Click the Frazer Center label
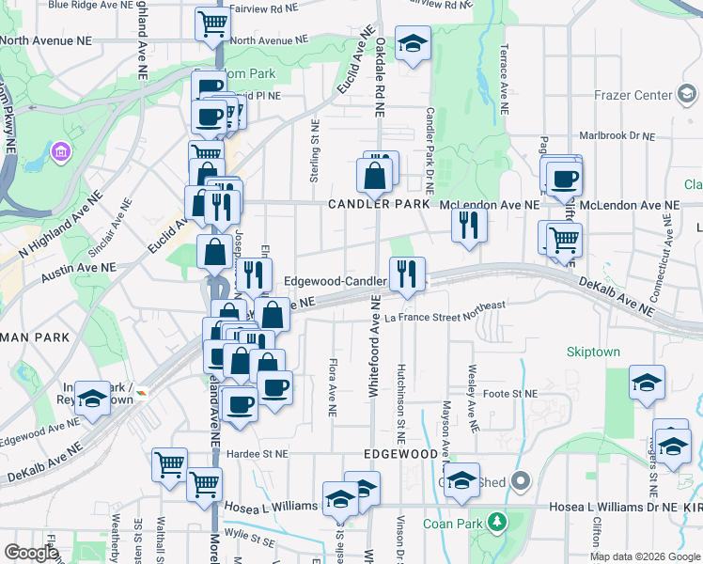(x=633, y=95)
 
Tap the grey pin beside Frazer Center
(x=687, y=94)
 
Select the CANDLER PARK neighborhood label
(x=379, y=204)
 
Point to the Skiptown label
(x=593, y=352)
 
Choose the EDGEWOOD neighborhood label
(x=398, y=454)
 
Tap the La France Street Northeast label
(x=446, y=318)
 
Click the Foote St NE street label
(x=509, y=393)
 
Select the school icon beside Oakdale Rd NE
(x=412, y=45)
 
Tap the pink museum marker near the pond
(x=61, y=150)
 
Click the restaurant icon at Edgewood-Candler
(x=407, y=274)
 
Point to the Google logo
(x=30, y=553)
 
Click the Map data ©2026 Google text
(x=644, y=556)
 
